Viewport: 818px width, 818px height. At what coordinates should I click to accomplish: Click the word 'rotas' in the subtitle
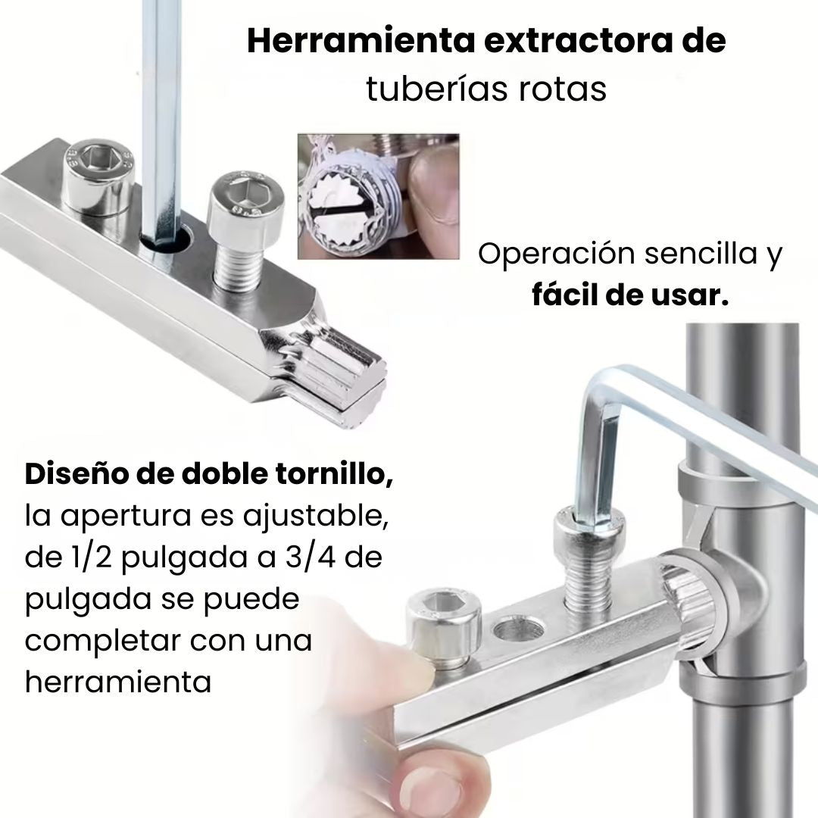tap(563, 89)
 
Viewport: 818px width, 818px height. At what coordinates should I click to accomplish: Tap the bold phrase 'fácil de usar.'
tap(630, 295)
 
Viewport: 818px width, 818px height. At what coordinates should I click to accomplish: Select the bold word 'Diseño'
tap(76, 475)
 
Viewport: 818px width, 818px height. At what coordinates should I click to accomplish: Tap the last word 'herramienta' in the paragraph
tap(117, 682)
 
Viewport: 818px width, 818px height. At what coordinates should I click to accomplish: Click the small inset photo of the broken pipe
tap(378, 196)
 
